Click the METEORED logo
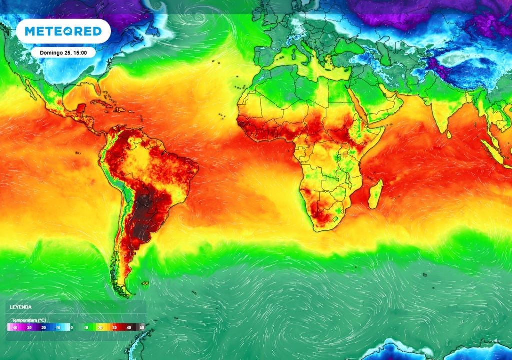(x=63, y=31)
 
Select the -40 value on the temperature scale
(x=15, y=327)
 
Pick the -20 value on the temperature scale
(x=44, y=327)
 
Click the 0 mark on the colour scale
(x=72, y=327)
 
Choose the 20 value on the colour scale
(x=100, y=327)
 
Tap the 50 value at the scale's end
(x=142, y=327)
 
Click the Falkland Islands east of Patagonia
(x=145, y=284)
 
